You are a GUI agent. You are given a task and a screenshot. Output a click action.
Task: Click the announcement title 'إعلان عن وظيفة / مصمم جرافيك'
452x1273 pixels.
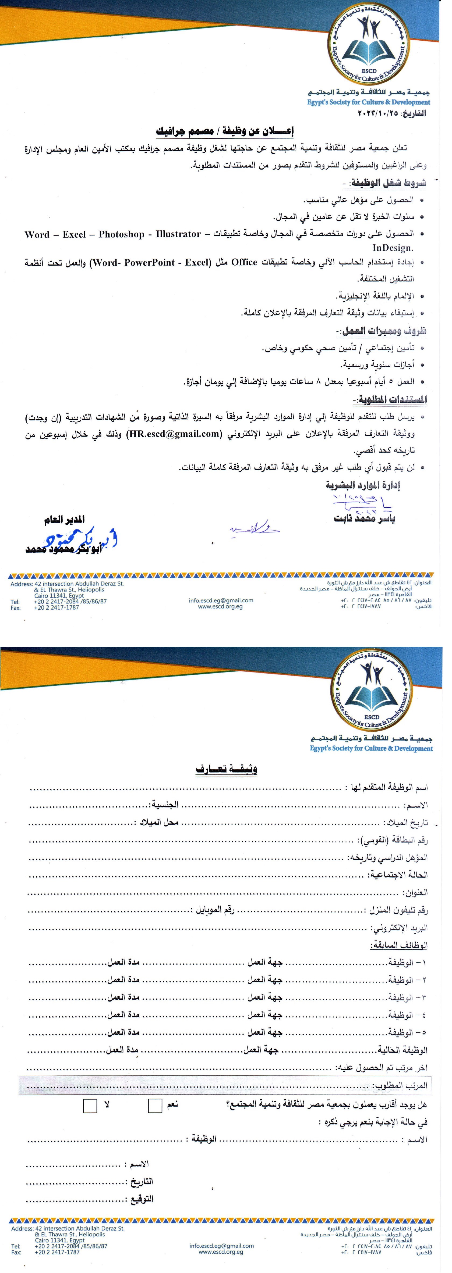(x=225, y=131)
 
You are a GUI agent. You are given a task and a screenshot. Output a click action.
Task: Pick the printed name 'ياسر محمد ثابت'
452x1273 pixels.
(x=365, y=519)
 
